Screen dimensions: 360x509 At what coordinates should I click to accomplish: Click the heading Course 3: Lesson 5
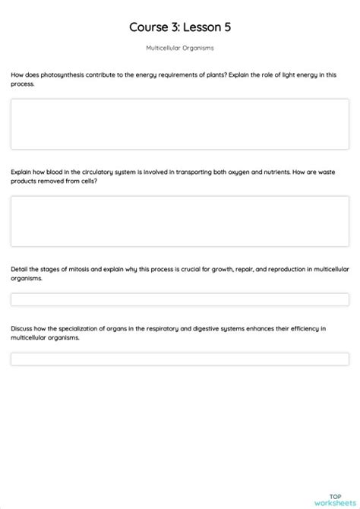point(180,27)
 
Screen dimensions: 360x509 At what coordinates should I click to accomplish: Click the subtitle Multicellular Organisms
point(180,48)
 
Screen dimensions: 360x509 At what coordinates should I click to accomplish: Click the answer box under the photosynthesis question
point(180,124)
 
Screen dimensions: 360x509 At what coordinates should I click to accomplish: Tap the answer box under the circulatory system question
point(180,221)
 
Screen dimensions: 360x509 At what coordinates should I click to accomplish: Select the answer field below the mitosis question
point(180,299)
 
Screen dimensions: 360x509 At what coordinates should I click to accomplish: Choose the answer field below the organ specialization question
point(180,359)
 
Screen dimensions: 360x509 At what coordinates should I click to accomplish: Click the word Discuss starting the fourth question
point(23,329)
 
